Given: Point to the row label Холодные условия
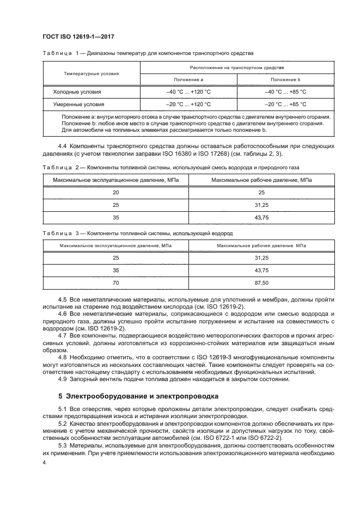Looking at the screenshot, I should coord(77,92).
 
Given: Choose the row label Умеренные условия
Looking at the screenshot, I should coord(78,103).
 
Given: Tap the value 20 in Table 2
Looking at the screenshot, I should coord(115,192).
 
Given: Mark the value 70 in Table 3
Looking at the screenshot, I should coord(115,283).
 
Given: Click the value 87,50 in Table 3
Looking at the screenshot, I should coord(261,283).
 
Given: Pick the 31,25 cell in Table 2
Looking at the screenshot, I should coord(261,205).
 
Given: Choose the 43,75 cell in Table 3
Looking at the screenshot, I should coord(261,270).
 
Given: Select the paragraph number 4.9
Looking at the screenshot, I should coord(63,379).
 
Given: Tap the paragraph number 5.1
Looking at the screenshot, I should coord(63,408).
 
